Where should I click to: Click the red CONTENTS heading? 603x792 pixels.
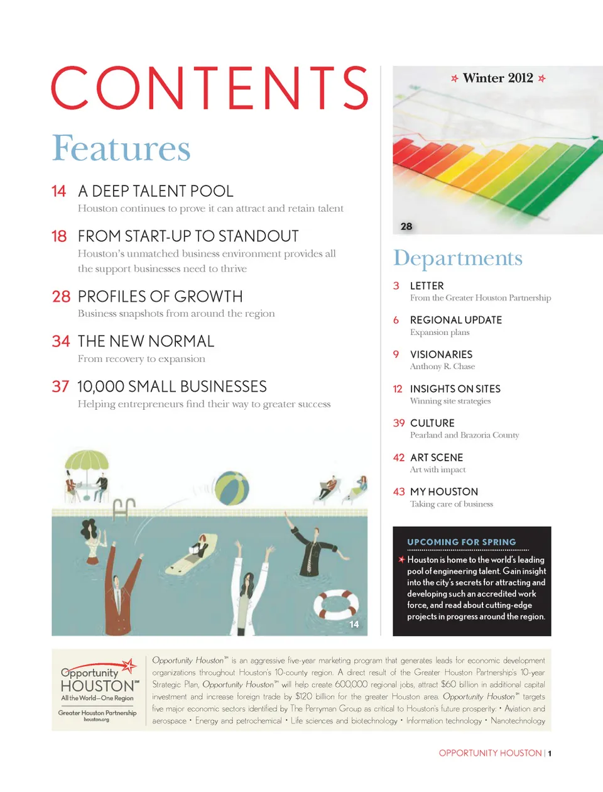tap(210, 88)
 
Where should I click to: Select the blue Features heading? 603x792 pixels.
tap(121, 149)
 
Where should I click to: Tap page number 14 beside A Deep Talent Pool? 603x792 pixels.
tap(59, 191)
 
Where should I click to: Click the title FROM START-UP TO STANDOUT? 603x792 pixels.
tap(188, 236)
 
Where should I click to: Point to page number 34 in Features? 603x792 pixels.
tap(61, 341)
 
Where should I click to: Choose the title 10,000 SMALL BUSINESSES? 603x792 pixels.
tap(172, 387)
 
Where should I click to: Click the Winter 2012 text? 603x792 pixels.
tap(497, 79)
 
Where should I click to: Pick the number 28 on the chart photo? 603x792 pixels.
tap(406, 226)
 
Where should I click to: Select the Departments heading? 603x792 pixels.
tap(458, 258)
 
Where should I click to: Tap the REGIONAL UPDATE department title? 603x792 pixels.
tap(456, 320)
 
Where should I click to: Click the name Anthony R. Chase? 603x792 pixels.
tap(442, 366)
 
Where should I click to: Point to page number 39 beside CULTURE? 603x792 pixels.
tap(399, 423)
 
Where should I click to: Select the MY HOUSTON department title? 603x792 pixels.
tap(444, 492)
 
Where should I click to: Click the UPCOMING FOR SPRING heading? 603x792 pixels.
tap(462, 542)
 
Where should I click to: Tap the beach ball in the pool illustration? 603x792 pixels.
tap(232, 488)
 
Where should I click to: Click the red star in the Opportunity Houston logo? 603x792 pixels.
tap(129, 665)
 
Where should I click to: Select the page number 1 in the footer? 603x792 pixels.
tap(550, 753)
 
